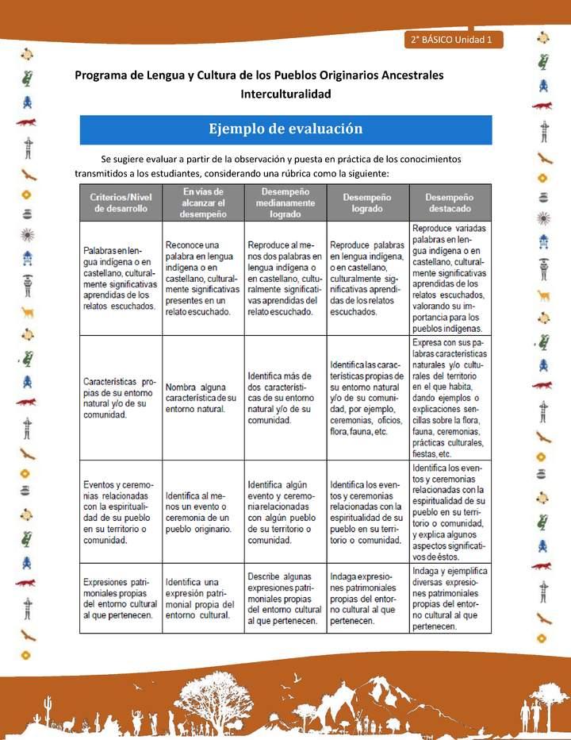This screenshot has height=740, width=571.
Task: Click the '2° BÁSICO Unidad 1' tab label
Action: [x=451, y=40]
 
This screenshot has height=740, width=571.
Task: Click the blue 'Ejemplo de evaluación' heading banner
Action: [x=285, y=129]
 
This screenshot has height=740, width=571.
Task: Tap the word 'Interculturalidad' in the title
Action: [x=285, y=94]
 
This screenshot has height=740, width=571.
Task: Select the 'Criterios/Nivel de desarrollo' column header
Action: [x=121, y=202]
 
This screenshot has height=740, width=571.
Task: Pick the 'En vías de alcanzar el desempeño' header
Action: [x=203, y=202]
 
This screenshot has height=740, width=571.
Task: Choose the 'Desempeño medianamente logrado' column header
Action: [x=285, y=202]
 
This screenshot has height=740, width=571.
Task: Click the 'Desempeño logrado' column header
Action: [x=367, y=202]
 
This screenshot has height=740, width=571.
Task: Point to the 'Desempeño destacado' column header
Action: [x=449, y=202]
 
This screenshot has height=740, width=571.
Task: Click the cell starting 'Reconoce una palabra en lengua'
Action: [x=203, y=278]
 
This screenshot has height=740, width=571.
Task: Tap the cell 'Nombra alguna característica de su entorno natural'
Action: [x=202, y=397]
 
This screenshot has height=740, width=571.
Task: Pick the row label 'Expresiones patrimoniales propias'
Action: [x=121, y=598]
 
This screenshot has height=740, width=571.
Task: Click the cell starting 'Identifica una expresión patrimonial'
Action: [x=202, y=598]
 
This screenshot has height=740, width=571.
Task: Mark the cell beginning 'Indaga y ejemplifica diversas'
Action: [x=449, y=598]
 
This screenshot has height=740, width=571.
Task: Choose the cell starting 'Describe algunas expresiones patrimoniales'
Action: [x=285, y=598]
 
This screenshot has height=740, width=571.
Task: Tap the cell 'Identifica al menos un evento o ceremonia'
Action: [x=202, y=512]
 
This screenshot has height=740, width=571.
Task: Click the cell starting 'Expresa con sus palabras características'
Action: [x=449, y=397]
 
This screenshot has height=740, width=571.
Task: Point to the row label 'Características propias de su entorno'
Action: [x=121, y=397]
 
